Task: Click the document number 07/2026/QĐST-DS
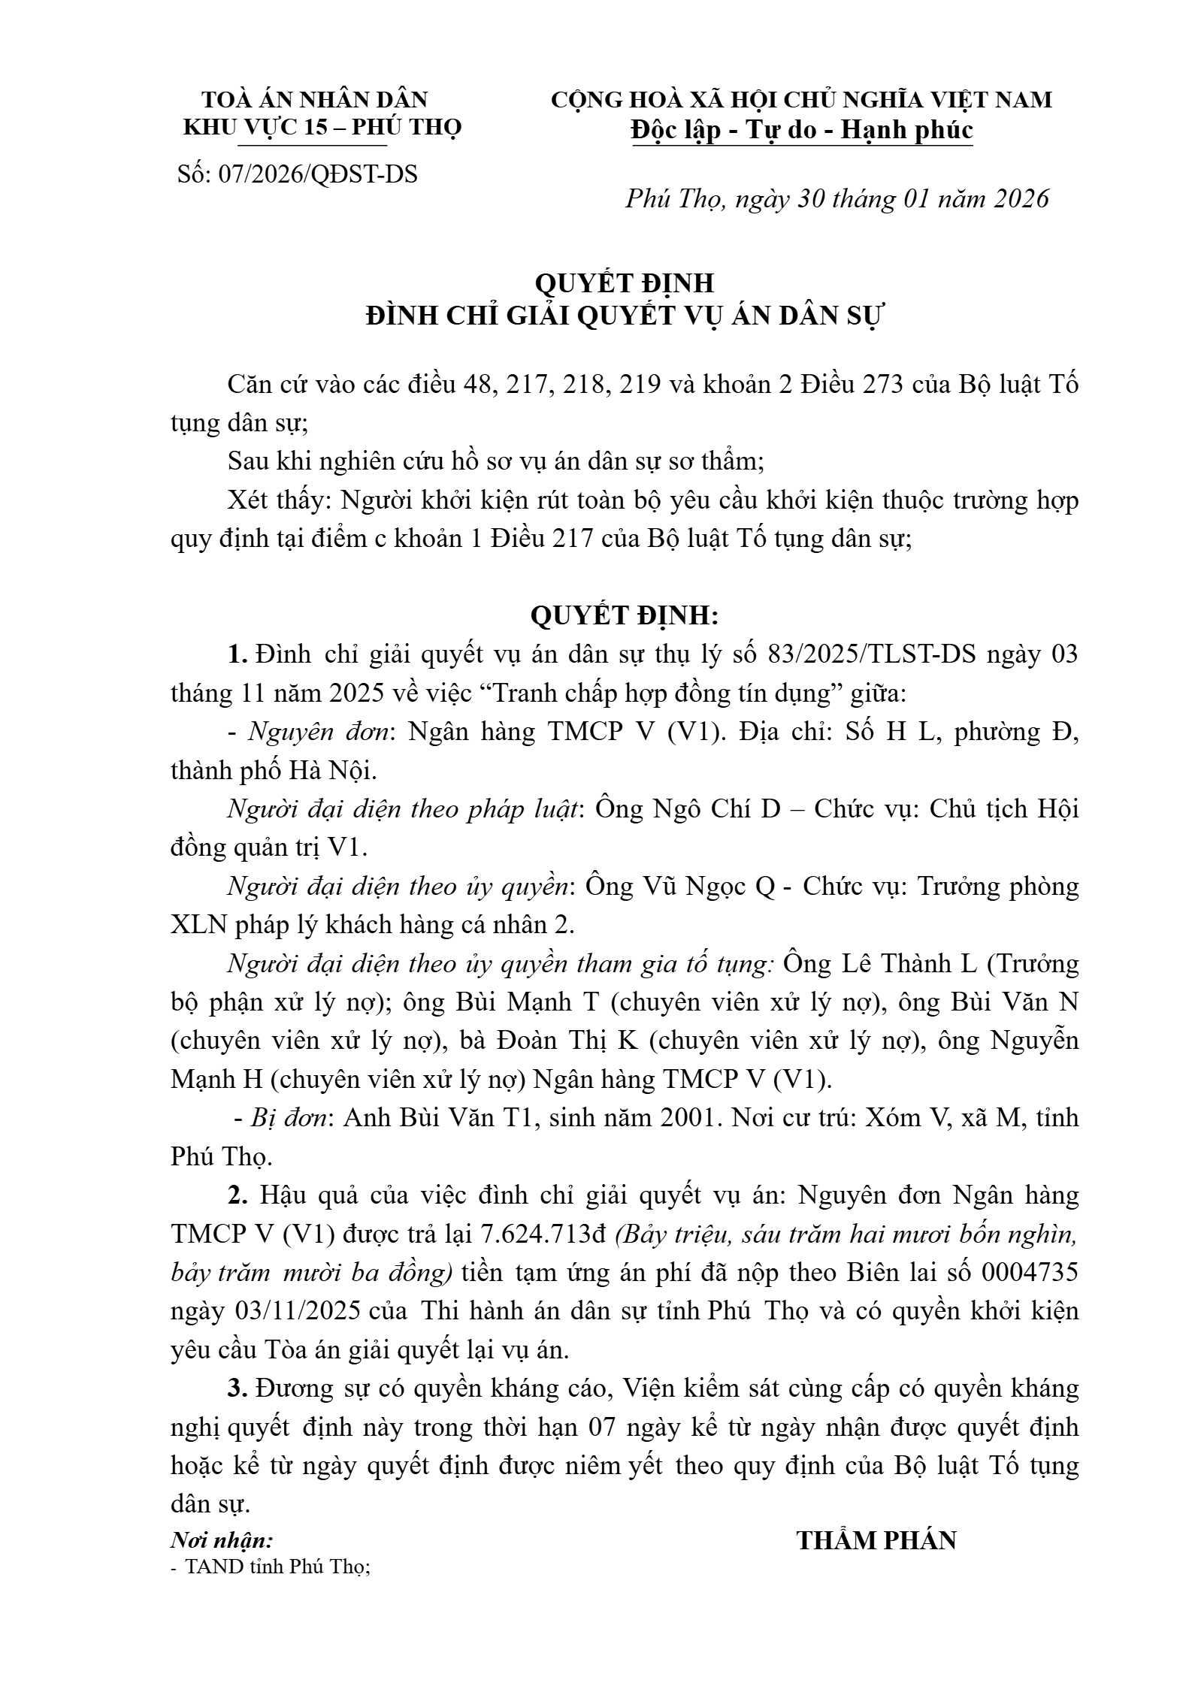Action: click(317, 174)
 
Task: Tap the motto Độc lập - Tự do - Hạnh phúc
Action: click(802, 130)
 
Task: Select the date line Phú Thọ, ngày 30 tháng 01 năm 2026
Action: click(837, 198)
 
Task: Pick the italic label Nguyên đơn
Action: click(319, 732)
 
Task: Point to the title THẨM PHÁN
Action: click(876, 1541)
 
